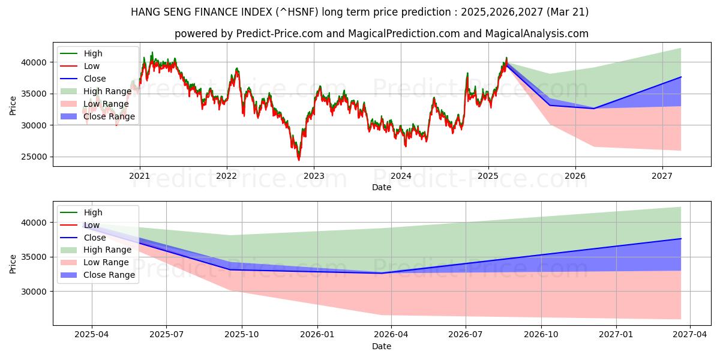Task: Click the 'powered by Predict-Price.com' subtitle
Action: (x=381, y=34)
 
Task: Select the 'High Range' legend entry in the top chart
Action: (x=107, y=91)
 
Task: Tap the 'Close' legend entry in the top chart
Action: (x=95, y=79)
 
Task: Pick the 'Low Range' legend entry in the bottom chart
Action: (x=106, y=262)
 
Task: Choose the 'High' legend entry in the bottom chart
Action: (x=93, y=212)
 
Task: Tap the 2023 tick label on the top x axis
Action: (x=314, y=176)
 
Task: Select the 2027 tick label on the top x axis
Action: (x=662, y=176)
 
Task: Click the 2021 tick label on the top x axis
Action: (x=140, y=176)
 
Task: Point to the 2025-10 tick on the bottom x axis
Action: (x=242, y=335)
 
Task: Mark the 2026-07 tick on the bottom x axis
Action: (x=466, y=335)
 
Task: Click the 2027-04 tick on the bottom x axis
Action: (x=690, y=335)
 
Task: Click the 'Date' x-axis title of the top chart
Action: (x=381, y=187)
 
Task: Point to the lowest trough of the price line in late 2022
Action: (x=299, y=160)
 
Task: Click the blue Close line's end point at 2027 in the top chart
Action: (x=681, y=77)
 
